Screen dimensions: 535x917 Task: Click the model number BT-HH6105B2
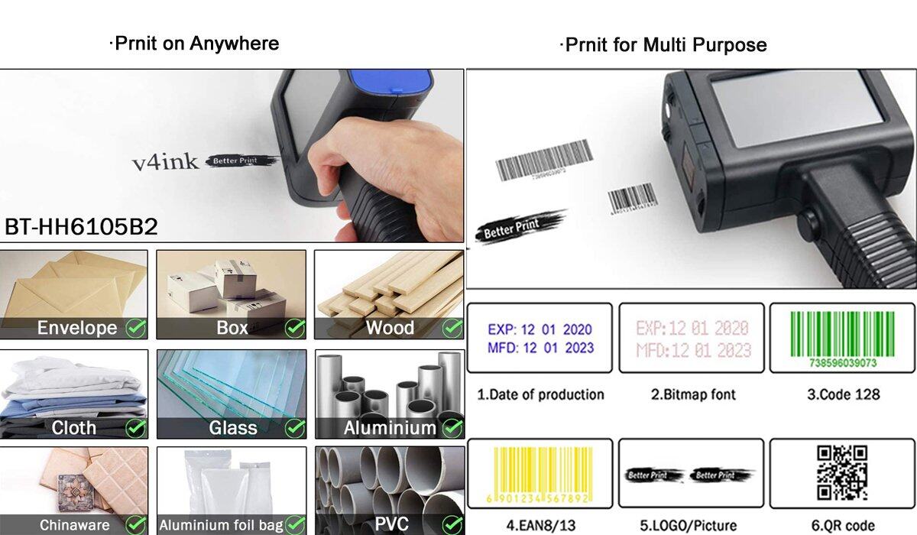[81, 227]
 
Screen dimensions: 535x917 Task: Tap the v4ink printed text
[165, 161]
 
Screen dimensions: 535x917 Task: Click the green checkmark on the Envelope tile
[136, 329]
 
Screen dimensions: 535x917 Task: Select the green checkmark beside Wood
[452, 329]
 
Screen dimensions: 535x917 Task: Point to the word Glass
[233, 428]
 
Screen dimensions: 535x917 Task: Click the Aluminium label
[390, 428]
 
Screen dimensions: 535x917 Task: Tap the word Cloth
[74, 428]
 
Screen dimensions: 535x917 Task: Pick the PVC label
[391, 524]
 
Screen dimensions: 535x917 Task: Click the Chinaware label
[74, 526]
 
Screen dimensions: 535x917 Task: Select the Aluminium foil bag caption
[221, 526]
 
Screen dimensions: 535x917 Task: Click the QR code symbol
[842, 473]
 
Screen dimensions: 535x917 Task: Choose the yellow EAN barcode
[539, 472]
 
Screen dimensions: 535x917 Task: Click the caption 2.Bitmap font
[693, 394]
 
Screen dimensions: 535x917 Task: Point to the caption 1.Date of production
[540, 394]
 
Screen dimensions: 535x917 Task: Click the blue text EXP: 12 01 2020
[540, 330]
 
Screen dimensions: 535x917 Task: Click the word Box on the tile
[232, 329]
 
